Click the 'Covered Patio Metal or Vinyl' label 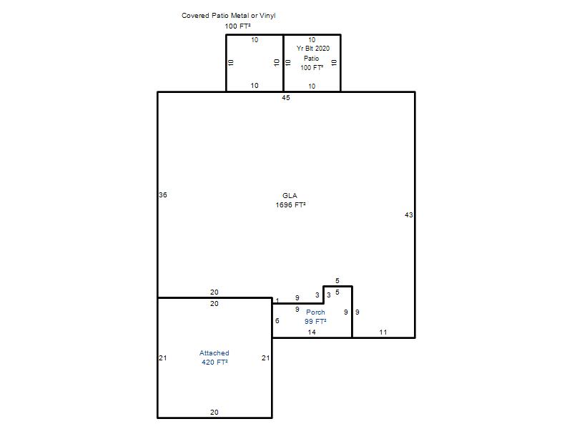click(228, 16)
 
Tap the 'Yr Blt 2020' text click(313, 49)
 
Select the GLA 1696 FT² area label click(290, 200)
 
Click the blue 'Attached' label click(214, 353)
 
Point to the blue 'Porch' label click(315, 312)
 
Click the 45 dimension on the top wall click(286, 98)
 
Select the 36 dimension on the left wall click(163, 195)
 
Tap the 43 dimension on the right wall click(408, 215)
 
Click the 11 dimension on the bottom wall click(383, 332)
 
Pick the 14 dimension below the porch click(312, 332)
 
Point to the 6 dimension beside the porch click(277, 320)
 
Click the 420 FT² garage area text click(215, 363)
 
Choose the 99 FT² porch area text click(315, 321)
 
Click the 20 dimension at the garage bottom click(214, 413)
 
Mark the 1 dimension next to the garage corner click(277, 301)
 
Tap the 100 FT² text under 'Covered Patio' click(237, 26)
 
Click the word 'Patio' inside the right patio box click(311, 59)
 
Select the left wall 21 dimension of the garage click(163, 358)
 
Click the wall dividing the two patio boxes click(283, 63)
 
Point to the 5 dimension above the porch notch click(337, 281)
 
